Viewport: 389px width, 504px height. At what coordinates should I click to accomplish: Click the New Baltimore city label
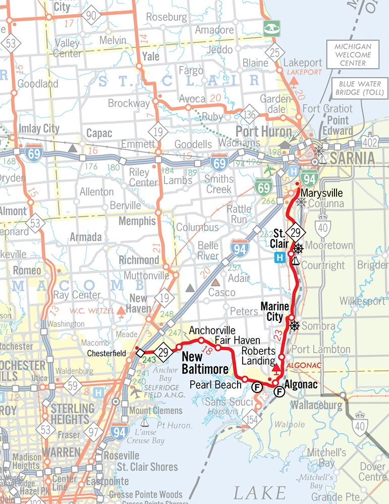coord(204,364)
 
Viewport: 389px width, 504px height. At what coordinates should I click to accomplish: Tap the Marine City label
coord(274,311)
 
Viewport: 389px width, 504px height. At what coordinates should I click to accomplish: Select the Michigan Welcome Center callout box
coord(353,55)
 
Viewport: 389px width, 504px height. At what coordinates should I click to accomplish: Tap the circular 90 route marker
coord(91,17)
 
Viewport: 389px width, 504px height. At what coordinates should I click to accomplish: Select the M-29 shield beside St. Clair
coord(295,233)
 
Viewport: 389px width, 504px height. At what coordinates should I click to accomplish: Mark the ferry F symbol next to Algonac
coord(279,391)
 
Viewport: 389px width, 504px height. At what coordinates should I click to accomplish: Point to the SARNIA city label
coord(353,158)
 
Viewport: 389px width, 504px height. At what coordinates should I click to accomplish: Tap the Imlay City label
coord(38,129)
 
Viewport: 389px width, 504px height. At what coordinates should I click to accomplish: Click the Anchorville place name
coord(212,330)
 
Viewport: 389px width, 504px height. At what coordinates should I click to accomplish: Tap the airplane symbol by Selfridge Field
coord(135,393)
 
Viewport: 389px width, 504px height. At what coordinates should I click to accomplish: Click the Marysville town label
coord(321,193)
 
